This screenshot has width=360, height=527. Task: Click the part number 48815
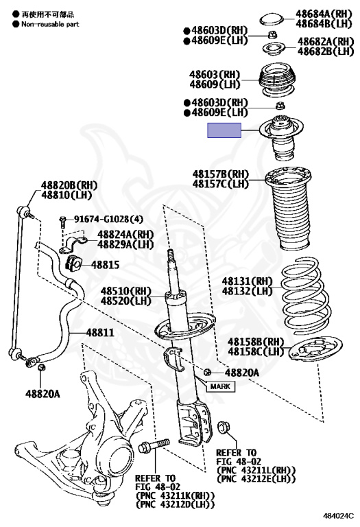(x=105, y=264)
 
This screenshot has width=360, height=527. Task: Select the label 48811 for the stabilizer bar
(x=100, y=332)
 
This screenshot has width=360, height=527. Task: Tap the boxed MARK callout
(x=220, y=386)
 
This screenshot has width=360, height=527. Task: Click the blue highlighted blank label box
(x=224, y=130)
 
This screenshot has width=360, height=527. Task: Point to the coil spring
(x=305, y=296)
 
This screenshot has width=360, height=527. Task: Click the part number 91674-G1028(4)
(x=108, y=219)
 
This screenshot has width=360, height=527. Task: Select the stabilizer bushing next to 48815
(x=73, y=263)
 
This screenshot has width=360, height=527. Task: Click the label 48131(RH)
(x=247, y=281)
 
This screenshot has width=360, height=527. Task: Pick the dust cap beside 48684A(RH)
(x=272, y=19)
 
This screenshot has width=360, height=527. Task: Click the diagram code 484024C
(x=339, y=515)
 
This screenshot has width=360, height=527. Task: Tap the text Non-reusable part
(x=50, y=24)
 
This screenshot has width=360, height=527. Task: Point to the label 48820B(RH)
(x=69, y=185)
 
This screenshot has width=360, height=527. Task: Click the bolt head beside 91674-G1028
(x=62, y=220)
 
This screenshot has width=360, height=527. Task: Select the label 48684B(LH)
(x=324, y=23)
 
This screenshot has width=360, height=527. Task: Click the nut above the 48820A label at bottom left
(x=40, y=367)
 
